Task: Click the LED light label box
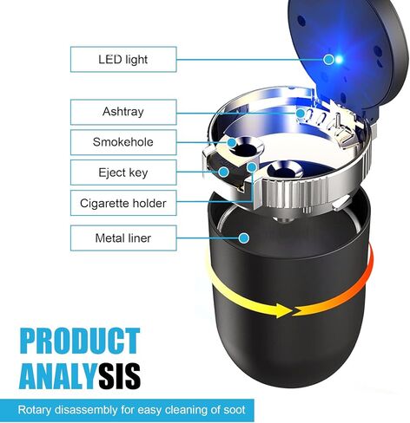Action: point(123,59)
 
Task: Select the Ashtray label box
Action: point(123,112)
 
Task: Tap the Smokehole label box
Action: point(123,142)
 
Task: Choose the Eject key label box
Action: point(123,172)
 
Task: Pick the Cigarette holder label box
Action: point(123,203)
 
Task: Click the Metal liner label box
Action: point(123,238)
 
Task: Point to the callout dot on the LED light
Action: point(328,60)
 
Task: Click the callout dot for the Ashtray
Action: point(301,113)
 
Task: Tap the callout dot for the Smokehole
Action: point(232,142)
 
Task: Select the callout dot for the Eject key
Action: point(223,172)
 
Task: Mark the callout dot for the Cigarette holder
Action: point(252,167)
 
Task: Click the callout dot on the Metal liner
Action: point(244,238)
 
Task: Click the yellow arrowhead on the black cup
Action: point(283,310)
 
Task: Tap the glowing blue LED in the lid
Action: point(339,60)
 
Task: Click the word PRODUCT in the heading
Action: point(80,341)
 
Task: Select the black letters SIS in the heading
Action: point(118,376)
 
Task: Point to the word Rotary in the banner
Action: point(35,410)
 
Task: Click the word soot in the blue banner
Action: point(235,410)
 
